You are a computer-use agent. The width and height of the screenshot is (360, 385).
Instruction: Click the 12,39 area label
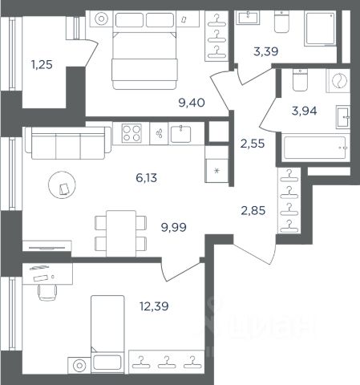tap(154, 306)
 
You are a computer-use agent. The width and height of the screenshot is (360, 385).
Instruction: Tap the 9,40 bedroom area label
tap(192, 103)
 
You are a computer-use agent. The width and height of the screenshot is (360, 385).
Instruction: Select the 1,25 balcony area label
tap(42, 65)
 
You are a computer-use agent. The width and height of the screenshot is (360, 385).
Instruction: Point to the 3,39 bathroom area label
tap(266, 51)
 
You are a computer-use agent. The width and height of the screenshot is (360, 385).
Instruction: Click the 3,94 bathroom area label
tap(304, 111)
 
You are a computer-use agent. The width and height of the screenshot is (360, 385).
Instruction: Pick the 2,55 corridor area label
tap(253, 144)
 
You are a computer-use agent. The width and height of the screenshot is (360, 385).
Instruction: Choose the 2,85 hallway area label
tap(253, 210)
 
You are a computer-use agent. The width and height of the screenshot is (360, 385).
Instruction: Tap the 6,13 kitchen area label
tap(146, 177)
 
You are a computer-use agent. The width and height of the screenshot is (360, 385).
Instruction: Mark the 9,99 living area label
tap(174, 227)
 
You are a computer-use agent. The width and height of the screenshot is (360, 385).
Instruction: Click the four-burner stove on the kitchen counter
tap(131, 133)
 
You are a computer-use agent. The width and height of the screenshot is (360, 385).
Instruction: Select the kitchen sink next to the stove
tap(181, 134)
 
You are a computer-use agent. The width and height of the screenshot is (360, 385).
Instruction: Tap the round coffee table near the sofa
tap(62, 184)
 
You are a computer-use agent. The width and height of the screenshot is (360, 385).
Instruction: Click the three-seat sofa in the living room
tap(68, 143)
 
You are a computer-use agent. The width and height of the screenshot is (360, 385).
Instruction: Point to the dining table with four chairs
tap(121, 233)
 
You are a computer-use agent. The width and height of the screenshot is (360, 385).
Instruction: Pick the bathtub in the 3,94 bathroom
tap(315, 148)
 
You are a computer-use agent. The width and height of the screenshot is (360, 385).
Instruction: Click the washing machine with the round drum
tap(338, 81)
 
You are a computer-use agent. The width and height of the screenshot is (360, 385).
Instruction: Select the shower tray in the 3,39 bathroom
tap(320, 28)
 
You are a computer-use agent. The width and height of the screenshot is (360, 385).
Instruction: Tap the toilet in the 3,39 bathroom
tap(281, 22)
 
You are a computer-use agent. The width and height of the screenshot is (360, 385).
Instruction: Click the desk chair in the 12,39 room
tap(47, 292)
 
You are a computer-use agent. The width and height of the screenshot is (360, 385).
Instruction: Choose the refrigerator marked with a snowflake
tap(216, 171)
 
